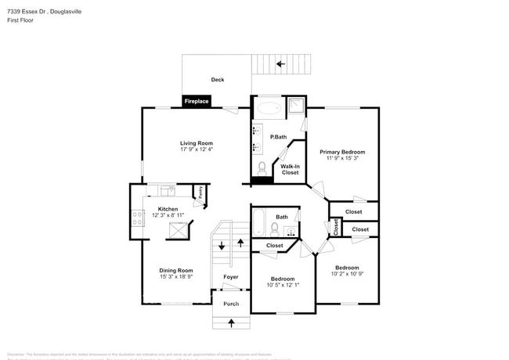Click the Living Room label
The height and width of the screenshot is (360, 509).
pyautogui.click(x=197, y=143)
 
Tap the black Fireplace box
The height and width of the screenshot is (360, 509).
pyautogui.click(x=196, y=101)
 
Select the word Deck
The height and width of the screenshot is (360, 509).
pyautogui.click(x=218, y=80)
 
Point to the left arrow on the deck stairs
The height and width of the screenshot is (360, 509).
pyautogui.click(x=280, y=64)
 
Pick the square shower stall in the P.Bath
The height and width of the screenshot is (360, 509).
pyautogui.click(x=295, y=108)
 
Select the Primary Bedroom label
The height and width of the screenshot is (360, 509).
pyautogui.click(x=342, y=152)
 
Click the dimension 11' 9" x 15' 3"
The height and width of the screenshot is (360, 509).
pyautogui.click(x=342, y=159)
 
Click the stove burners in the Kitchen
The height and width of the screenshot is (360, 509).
pyautogui.click(x=137, y=218)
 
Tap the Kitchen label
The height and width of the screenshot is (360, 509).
pyautogui.click(x=168, y=209)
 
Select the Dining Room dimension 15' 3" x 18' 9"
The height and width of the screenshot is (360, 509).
pyautogui.click(x=176, y=276)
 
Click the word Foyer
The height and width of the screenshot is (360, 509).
pyautogui.click(x=230, y=277)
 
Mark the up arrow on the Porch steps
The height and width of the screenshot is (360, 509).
pyautogui.click(x=231, y=322)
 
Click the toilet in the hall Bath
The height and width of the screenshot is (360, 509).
pyautogui.click(x=275, y=229)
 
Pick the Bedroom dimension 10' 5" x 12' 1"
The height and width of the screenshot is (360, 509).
pyautogui.click(x=283, y=286)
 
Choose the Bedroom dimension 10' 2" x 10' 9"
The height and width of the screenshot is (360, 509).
pyautogui.click(x=347, y=274)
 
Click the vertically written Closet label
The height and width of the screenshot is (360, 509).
pyautogui.click(x=336, y=227)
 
